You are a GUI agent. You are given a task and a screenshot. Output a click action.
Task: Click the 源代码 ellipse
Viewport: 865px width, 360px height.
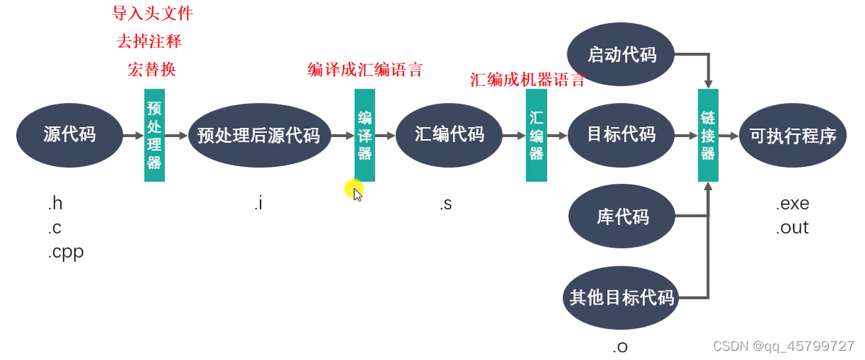coord(70,134)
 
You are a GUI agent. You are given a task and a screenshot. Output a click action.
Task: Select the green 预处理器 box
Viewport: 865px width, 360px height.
coord(154,135)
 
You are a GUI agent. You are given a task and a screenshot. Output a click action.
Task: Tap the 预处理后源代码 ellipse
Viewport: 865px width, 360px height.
coord(259,135)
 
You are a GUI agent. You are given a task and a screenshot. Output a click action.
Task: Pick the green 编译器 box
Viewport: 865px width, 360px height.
coord(364,135)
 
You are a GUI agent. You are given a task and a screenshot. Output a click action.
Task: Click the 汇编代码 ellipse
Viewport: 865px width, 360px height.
coord(449,133)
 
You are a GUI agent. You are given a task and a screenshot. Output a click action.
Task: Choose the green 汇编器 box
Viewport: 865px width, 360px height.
coord(536,135)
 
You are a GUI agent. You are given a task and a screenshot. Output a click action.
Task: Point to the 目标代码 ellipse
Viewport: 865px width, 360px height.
coord(621,133)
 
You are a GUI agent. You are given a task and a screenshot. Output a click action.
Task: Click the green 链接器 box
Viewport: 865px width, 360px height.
coord(708,135)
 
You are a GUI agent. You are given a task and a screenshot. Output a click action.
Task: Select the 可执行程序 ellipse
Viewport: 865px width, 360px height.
coord(793,135)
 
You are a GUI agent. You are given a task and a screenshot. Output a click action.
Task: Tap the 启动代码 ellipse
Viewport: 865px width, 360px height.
coord(621,55)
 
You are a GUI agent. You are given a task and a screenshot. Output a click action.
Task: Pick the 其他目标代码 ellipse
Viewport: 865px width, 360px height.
coord(621,298)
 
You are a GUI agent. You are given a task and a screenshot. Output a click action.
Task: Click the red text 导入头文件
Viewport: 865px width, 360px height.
coord(153,13)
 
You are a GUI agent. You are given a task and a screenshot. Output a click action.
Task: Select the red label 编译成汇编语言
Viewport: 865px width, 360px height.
coord(365,70)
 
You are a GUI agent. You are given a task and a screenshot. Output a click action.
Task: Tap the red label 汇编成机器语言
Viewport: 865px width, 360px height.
coord(527,80)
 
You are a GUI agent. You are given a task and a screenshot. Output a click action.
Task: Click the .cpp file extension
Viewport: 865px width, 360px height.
coord(66,252)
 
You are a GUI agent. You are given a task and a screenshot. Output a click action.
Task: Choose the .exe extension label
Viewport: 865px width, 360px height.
coord(793,204)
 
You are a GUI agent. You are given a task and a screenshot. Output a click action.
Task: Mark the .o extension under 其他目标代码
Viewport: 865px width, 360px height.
coord(620,347)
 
